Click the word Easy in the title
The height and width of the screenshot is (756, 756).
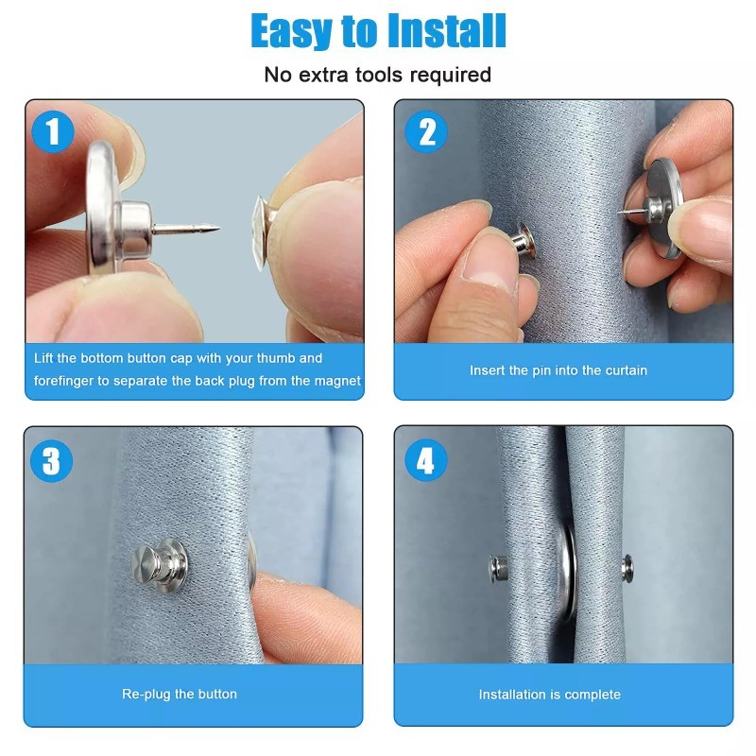coord(291,31)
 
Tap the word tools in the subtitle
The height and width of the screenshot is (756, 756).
coord(379,76)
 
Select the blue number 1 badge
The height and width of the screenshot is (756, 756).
coord(53,131)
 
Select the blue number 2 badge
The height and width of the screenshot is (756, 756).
coord(426,131)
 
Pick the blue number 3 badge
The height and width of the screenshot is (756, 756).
coord(52,461)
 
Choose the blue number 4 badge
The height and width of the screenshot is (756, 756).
coord(426,461)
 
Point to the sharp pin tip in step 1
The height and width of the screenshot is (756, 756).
coord(217,228)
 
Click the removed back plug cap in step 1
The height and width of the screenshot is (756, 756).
coord(261,232)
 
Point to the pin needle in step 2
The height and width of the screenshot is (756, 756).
coord(630,211)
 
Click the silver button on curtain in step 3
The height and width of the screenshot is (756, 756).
coord(160,560)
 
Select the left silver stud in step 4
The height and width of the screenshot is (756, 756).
coord(499,568)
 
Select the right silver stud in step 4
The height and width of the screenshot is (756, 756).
coord(627,568)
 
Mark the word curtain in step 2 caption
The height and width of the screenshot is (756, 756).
coord(627,370)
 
